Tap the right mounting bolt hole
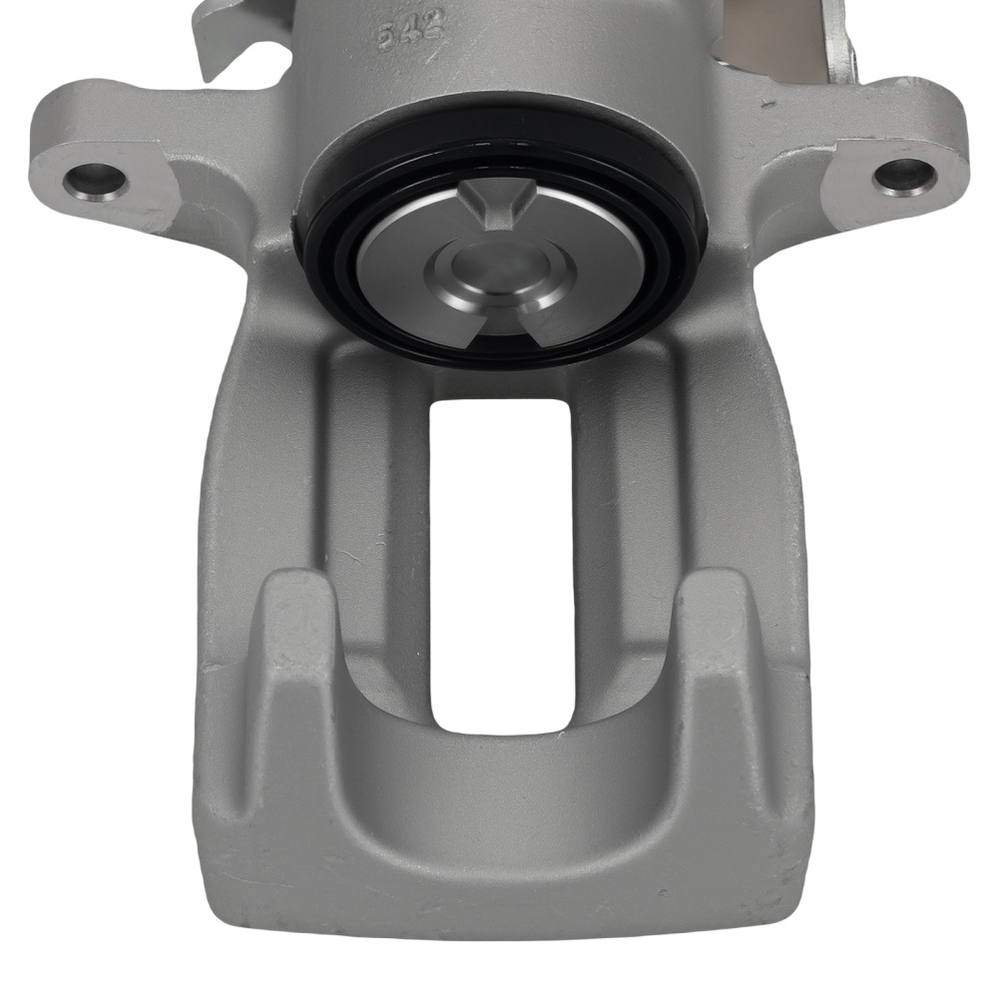[x=905, y=175]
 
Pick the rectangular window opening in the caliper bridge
[x=500, y=559]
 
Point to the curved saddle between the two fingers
[x=499, y=788]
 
